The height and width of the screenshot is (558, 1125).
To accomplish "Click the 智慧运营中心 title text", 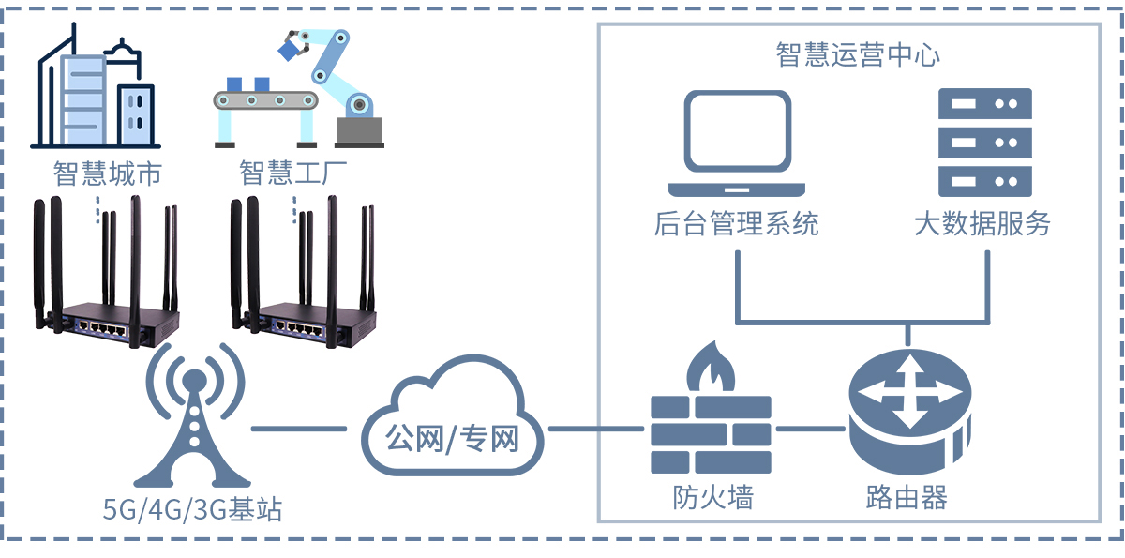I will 858,54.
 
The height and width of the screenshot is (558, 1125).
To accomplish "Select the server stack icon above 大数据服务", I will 984,141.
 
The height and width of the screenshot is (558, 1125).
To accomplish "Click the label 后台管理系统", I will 736,223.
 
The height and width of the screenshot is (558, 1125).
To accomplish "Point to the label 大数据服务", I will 982,223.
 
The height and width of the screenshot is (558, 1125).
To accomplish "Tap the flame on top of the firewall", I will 710,368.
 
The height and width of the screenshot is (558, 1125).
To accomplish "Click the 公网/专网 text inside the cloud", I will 453,438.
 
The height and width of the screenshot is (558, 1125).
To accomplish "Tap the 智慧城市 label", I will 108,174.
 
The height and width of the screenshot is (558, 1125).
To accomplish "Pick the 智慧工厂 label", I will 293,174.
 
